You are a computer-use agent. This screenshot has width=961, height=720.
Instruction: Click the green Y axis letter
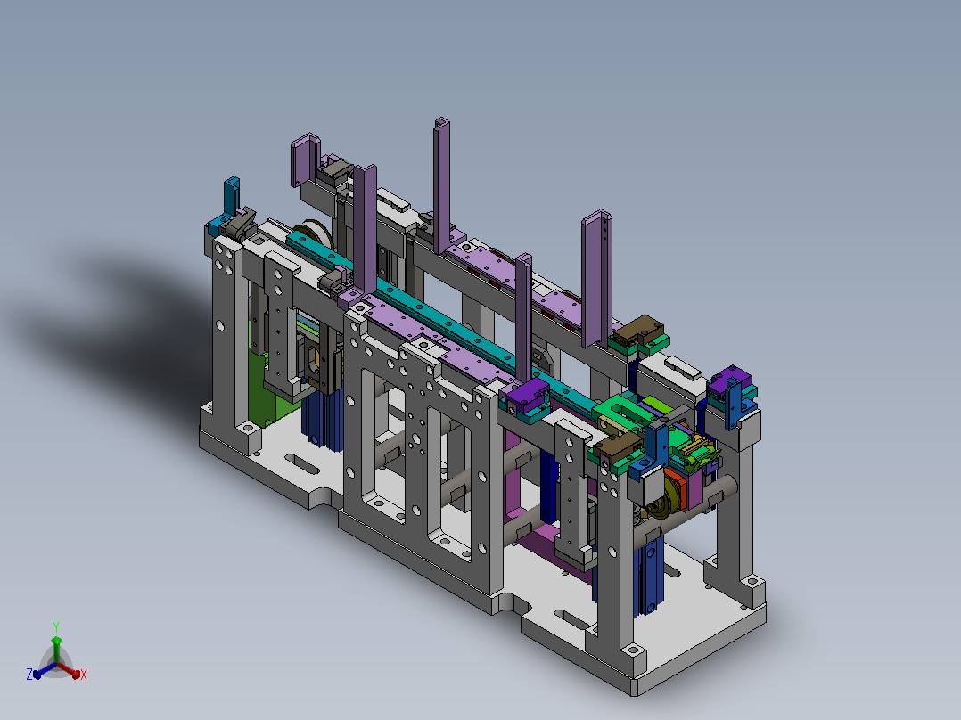coord(56,626)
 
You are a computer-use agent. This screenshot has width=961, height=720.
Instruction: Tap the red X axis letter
coord(84,675)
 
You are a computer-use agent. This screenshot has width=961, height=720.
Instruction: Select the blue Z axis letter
coord(29,674)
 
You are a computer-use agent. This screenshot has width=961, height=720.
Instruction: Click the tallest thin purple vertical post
coord(441,185)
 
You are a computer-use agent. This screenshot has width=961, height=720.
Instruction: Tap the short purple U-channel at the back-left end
coord(305,160)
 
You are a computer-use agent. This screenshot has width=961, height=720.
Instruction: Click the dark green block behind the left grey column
coord(262,392)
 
